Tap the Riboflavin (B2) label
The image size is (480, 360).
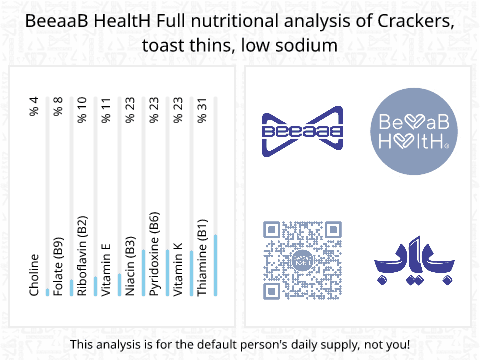[83, 259]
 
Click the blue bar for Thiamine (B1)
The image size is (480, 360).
[215, 266]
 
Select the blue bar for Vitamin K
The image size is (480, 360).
[191, 274]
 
